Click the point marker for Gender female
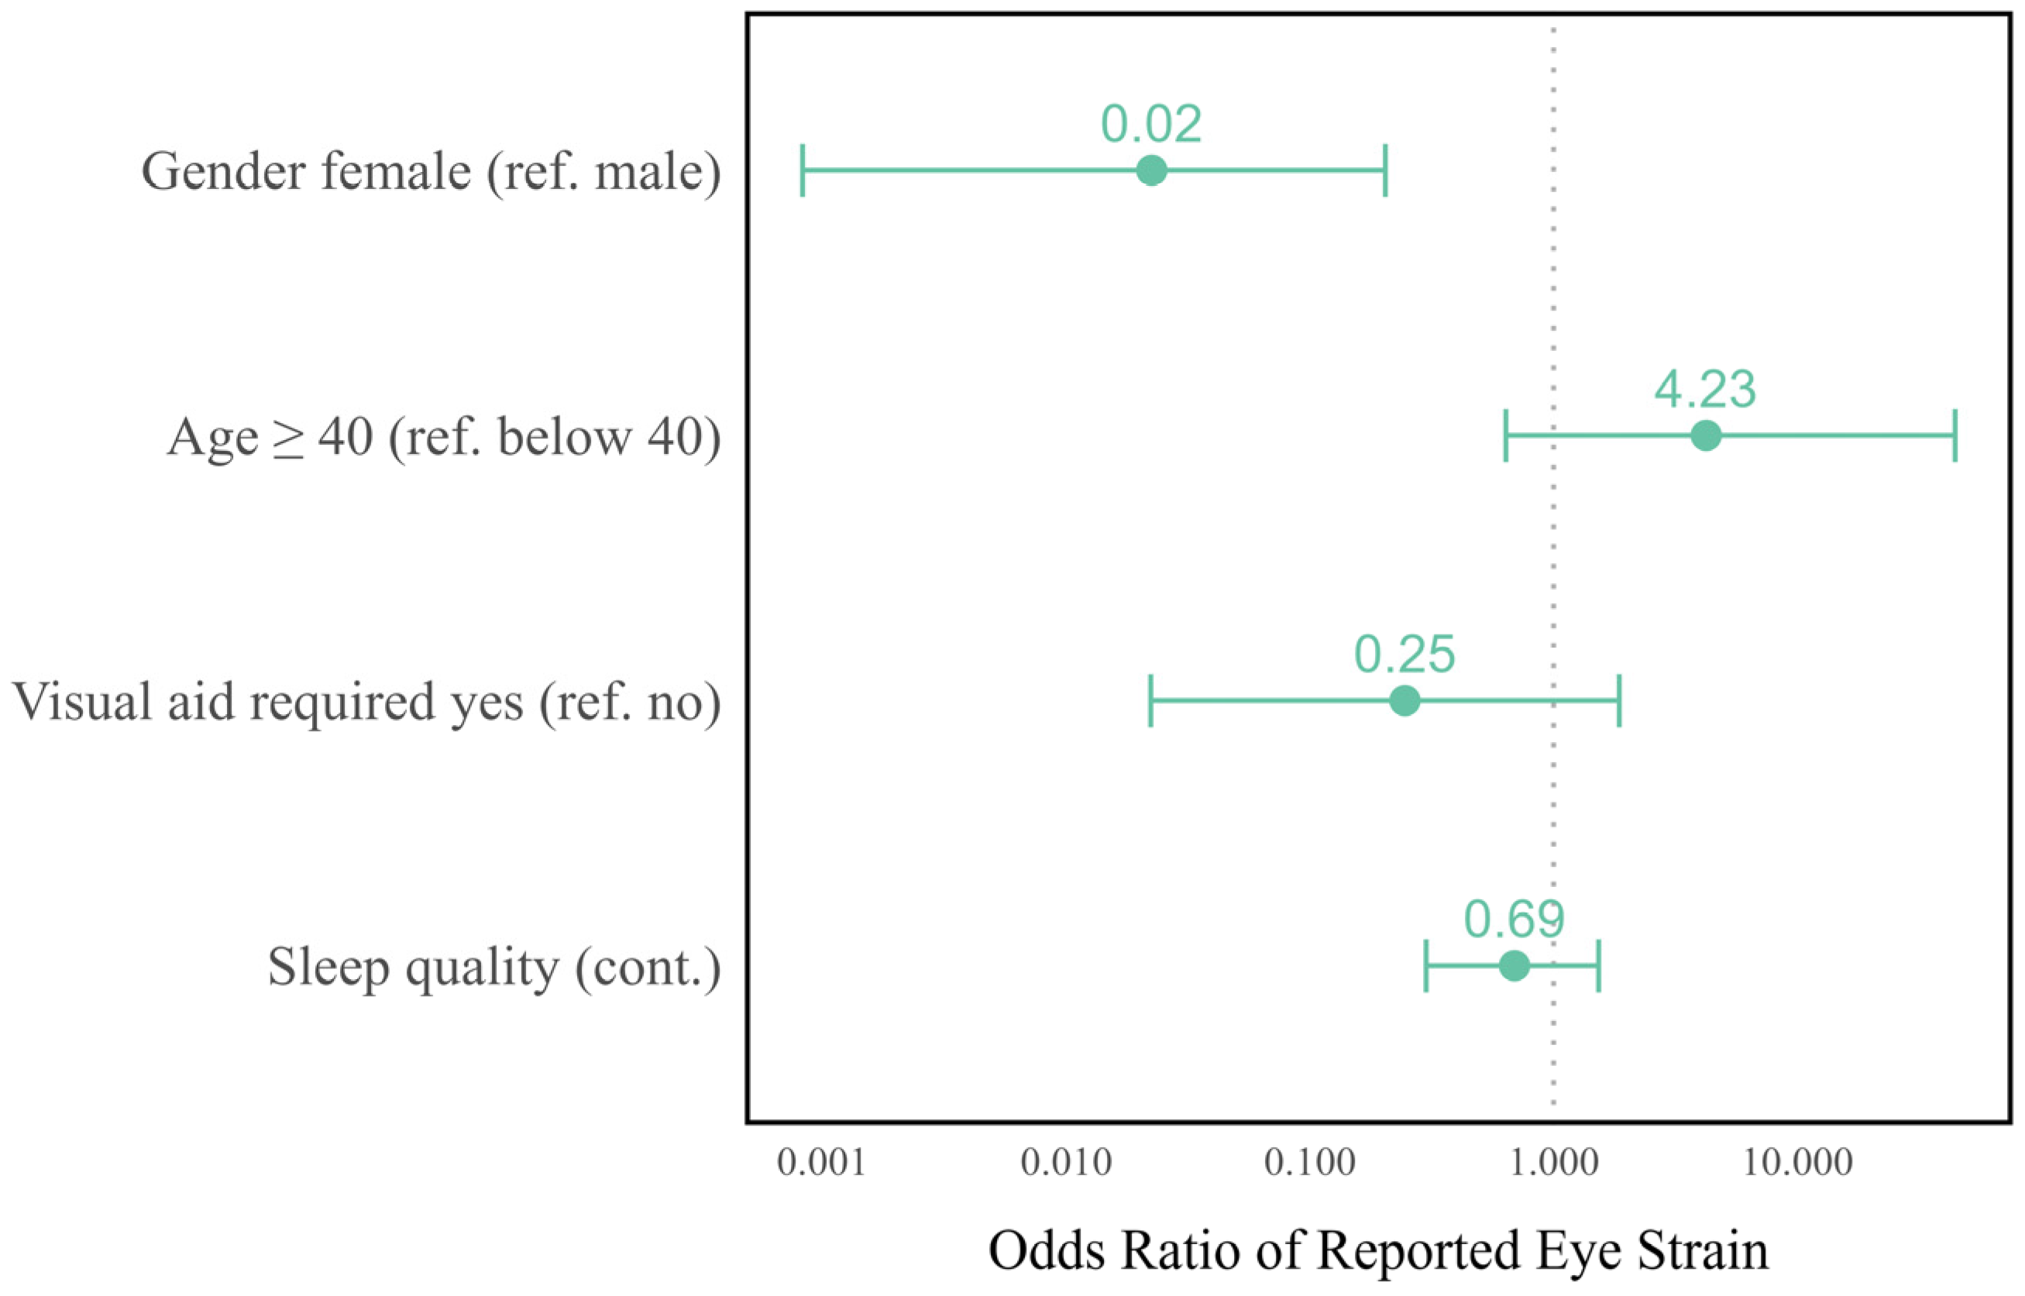(1151, 170)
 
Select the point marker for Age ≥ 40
(1705, 436)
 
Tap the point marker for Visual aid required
(1404, 700)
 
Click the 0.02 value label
(1151, 125)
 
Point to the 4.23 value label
(1705, 390)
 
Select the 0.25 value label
(1404, 655)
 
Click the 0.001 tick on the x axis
(820, 1163)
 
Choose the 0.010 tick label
(1065, 1163)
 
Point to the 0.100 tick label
(1310, 1163)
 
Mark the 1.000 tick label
(1553, 1163)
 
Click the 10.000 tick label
(1797, 1163)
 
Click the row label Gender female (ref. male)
(431, 172)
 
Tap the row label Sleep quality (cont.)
(494, 967)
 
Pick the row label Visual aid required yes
(366, 702)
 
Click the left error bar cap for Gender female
(803, 170)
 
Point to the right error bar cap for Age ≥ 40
(1955, 436)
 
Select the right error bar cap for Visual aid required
(1619, 700)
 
